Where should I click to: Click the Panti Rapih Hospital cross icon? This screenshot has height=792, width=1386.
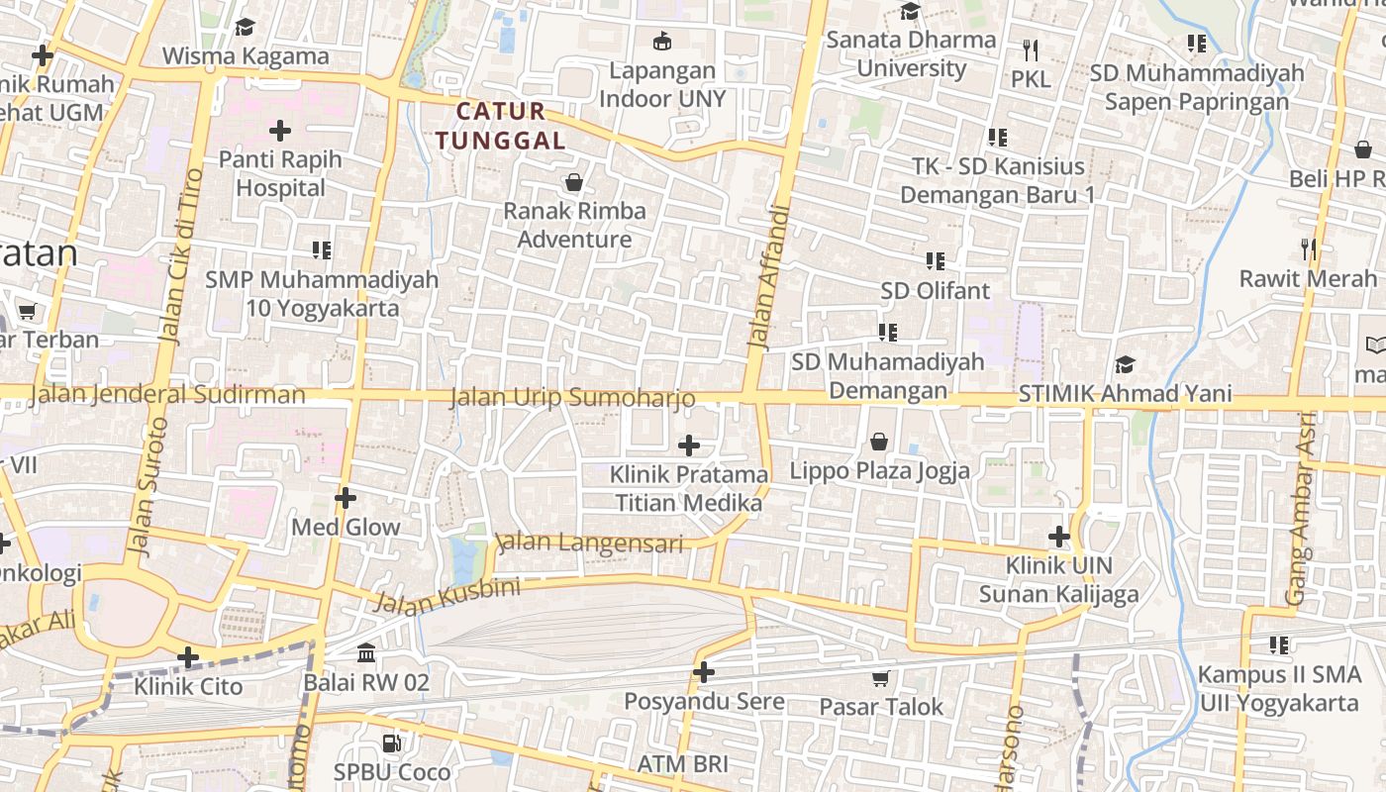pos(280,130)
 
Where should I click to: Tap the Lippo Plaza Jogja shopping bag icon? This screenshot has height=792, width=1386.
pos(878,442)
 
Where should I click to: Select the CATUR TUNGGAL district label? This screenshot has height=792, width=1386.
pos(501,126)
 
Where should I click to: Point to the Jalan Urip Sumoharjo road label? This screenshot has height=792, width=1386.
pos(572,398)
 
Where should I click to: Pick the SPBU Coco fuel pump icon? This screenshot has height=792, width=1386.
pos(392,742)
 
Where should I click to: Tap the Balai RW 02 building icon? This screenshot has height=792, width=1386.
pos(366,653)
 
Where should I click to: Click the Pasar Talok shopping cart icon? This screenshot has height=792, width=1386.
pos(880,678)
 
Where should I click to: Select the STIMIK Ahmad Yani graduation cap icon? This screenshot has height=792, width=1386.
pos(1125,364)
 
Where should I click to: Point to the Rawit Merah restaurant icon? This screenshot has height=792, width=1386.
pos(1309,249)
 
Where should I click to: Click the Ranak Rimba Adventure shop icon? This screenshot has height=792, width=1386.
pos(573,182)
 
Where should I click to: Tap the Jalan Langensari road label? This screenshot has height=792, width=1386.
pos(590,544)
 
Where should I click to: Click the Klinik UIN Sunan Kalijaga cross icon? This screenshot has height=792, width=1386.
pos(1059,537)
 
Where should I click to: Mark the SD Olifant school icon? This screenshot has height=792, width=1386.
pos(935,261)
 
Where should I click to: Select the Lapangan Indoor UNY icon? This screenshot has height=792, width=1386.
pos(661,41)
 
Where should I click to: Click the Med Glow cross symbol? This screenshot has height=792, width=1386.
pos(345,497)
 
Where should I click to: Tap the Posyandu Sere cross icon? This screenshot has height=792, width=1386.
pos(703,672)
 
